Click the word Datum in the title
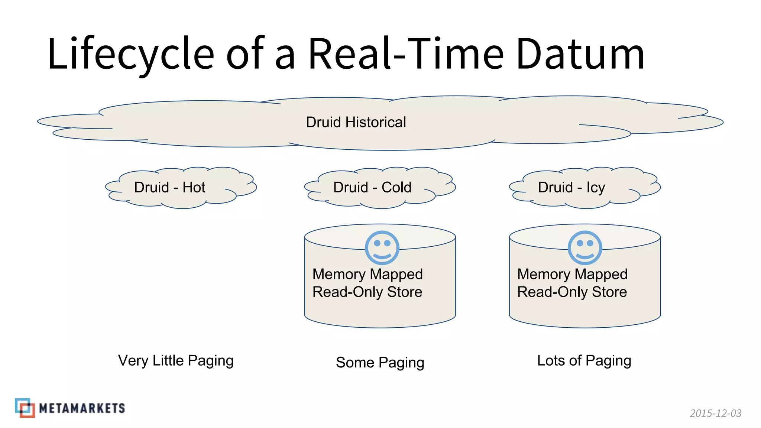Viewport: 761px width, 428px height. (580, 54)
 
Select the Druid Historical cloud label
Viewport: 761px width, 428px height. (356, 122)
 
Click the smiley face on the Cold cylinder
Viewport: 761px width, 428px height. (382, 248)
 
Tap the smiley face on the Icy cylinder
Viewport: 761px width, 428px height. (584, 248)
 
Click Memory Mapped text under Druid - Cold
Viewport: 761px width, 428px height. (367, 274)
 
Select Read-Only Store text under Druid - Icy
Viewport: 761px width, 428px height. (572, 292)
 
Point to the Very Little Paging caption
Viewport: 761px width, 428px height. (176, 360)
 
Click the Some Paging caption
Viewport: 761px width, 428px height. (380, 362)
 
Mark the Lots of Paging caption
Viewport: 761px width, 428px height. (584, 360)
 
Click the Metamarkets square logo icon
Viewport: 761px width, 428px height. (25, 408)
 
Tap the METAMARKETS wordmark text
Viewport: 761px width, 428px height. (82, 408)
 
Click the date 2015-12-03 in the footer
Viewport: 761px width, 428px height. (715, 413)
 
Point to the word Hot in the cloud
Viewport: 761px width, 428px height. (194, 187)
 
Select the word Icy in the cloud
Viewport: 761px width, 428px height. (596, 187)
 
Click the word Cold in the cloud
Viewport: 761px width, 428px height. (396, 187)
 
